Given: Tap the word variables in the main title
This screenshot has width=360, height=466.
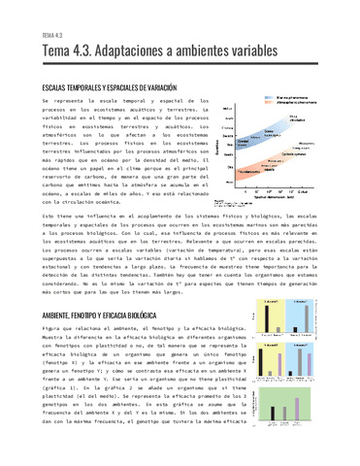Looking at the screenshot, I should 252,50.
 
